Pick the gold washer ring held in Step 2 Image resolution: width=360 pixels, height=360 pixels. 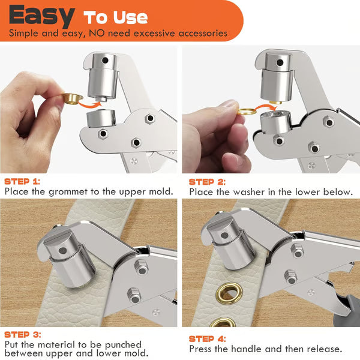coord(247,110)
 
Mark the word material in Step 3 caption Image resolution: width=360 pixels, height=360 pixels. coord(62,345)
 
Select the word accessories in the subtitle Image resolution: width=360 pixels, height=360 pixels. coord(196,32)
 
